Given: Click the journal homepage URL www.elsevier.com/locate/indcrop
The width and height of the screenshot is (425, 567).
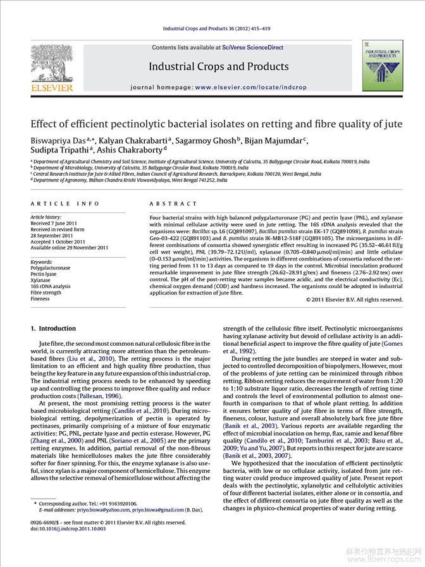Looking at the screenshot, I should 250,87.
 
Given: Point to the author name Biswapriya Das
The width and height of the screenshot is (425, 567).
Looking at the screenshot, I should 58,140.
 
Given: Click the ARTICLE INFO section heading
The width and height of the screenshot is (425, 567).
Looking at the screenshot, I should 65,204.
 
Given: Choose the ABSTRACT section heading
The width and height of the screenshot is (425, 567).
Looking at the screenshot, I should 173,204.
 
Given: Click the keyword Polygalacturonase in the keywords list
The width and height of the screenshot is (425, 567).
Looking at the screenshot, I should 51,268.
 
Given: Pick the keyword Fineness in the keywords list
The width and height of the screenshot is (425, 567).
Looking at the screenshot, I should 40,299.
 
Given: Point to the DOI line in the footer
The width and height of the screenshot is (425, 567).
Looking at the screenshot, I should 68,529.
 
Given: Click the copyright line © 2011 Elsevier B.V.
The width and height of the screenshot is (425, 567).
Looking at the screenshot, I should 354,299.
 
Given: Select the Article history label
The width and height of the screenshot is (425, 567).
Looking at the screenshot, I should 46,217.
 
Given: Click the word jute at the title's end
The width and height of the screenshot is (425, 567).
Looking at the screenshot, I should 392,124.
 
